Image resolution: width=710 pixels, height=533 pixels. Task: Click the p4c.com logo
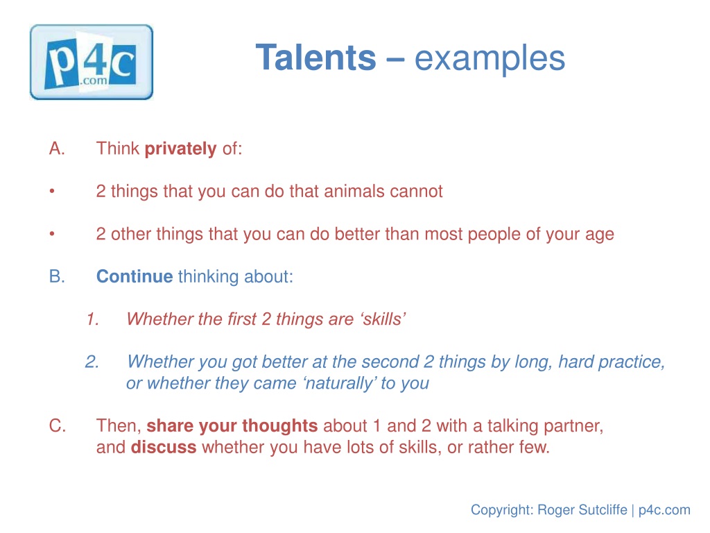(x=92, y=62)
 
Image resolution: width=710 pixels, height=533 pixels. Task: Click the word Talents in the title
(x=315, y=58)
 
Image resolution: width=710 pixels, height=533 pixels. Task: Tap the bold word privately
(x=181, y=149)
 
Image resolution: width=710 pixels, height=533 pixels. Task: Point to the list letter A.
(x=57, y=149)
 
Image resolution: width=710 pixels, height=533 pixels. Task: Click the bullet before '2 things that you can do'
(x=52, y=192)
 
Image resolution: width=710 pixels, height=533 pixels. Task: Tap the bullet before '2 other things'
(x=52, y=234)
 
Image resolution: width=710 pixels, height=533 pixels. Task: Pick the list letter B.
(x=57, y=276)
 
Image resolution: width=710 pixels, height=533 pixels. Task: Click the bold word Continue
(x=135, y=276)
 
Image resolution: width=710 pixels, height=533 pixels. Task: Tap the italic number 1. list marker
(x=92, y=319)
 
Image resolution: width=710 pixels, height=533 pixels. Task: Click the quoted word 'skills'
(x=383, y=319)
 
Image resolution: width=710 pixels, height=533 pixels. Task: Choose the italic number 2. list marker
(x=92, y=362)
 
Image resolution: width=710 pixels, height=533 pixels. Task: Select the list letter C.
(x=58, y=425)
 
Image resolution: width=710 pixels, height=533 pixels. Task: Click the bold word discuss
(x=164, y=448)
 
